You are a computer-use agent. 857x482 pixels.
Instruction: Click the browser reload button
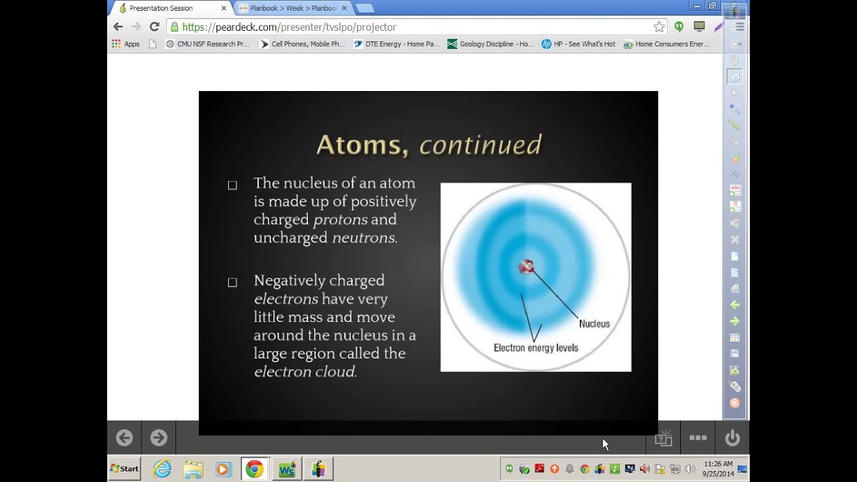point(155,27)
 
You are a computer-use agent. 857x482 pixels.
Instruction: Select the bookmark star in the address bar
point(659,27)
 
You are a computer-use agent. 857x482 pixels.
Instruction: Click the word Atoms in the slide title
point(362,145)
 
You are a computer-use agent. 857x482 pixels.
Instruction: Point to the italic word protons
point(341,220)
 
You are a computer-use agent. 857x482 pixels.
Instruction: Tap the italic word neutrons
point(364,238)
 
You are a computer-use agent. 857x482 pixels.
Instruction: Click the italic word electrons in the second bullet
point(286,299)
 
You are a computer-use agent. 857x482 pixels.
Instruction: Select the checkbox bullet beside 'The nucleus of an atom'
point(232,185)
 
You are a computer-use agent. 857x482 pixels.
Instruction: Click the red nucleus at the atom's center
point(526,267)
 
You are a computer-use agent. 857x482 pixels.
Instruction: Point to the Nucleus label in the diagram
point(594,324)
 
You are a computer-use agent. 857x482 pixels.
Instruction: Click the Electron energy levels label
point(536,348)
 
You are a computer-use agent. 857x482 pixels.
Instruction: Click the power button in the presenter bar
point(732,438)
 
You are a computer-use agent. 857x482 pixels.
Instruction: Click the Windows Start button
point(125,469)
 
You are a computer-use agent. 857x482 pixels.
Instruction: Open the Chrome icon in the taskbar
point(254,469)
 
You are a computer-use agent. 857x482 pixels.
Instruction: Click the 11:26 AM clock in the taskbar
point(718,464)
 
